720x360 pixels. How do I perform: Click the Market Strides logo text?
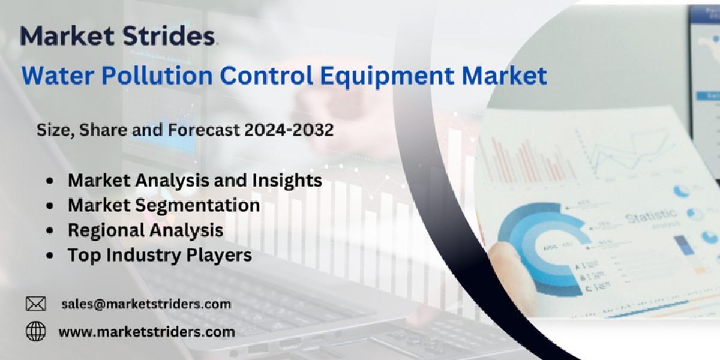(118, 35)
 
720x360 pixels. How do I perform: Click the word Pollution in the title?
(157, 76)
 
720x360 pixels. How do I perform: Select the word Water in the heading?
(58, 76)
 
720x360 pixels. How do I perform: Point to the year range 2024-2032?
(289, 130)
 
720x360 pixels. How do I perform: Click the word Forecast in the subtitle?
(203, 130)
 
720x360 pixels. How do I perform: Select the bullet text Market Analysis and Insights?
(195, 181)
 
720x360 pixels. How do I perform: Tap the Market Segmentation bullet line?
(164, 205)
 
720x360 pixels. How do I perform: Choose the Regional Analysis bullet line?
(146, 230)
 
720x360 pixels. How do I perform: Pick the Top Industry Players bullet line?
(160, 256)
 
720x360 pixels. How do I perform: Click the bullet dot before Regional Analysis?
(50, 231)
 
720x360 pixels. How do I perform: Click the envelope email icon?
(35, 304)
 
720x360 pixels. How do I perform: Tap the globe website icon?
(35, 331)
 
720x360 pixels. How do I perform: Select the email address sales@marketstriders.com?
(146, 304)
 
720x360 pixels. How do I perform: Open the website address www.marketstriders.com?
(146, 332)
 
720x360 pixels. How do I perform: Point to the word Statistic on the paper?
(651, 215)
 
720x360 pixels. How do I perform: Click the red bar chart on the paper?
(527, 161)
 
